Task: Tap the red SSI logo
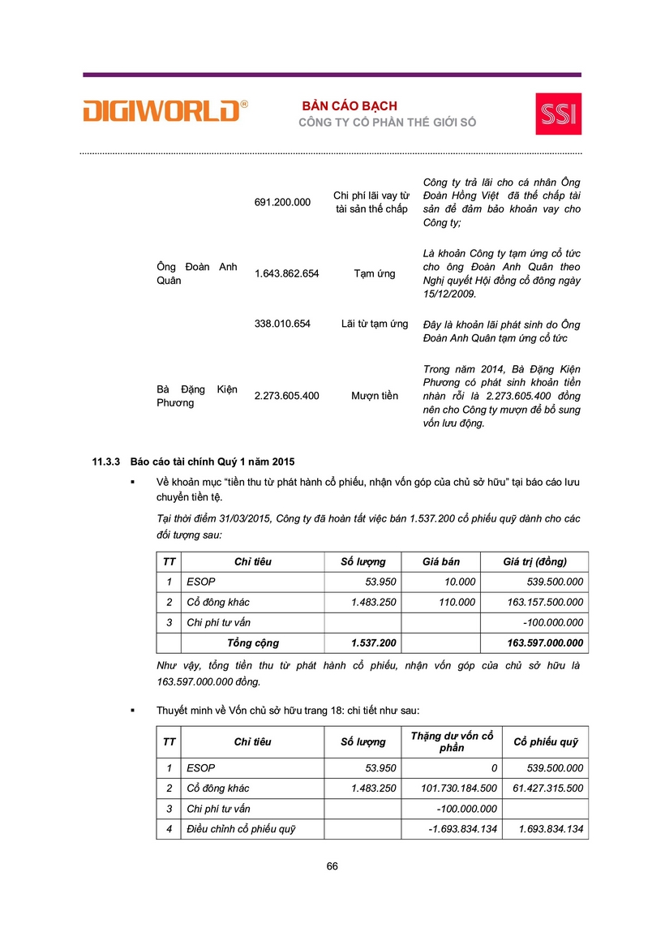coord(558,114)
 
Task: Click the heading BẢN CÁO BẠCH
coord(350,106)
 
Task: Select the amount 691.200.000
coord(282,202)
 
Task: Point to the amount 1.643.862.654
coord(286,273)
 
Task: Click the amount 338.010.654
coord(282,324)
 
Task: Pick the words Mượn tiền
coord(375,396)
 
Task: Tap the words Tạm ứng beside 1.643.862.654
coord(375,273)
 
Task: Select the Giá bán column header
coord(442,561)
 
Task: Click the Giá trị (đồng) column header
coord(534,561)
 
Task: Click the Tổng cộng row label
coord(252,642)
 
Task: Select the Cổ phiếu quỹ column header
coord(545,741)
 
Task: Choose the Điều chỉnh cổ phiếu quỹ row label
coord(241,829)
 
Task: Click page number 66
coord(332,866)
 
